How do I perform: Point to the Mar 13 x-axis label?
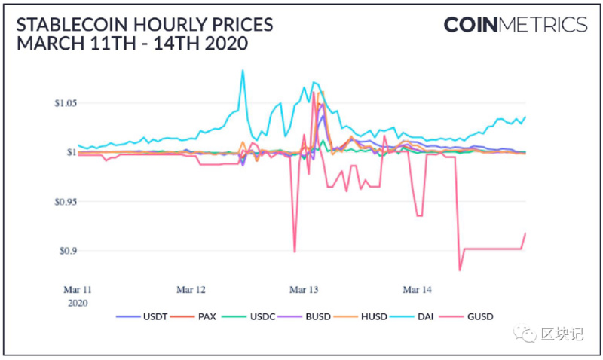(x=304, y=288)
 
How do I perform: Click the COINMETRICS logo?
(x=515, y=25)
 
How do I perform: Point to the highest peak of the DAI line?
(x=243, y=71)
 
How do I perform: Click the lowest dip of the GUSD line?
(x=459, y=270)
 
